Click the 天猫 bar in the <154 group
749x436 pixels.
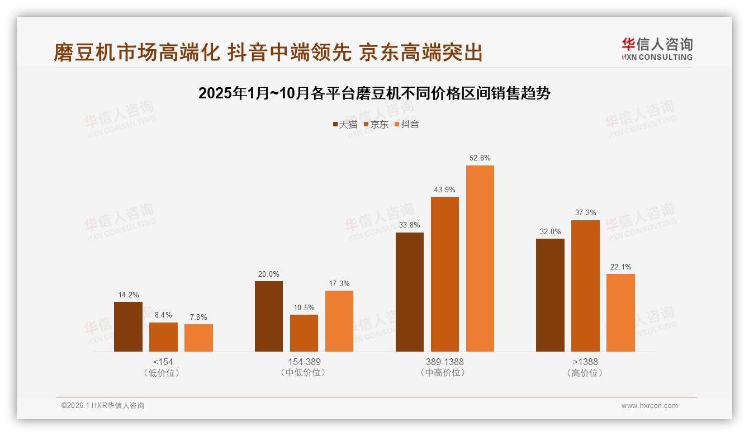point(128,326)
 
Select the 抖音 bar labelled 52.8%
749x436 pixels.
point(480,258)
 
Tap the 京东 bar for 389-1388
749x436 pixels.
point(445,274)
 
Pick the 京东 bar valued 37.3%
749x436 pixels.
point(585,286)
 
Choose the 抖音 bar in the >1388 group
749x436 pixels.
point(620,312)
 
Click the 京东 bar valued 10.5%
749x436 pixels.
point(304,333)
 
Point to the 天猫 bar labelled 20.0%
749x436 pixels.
point(269,316)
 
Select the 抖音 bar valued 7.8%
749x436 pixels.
point(198,338)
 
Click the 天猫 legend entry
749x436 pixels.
point(345,124)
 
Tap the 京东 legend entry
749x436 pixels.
point(376,124)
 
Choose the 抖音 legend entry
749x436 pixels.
point(407,124)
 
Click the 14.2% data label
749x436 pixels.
point(128,295)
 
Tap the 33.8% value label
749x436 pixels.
point(410,225)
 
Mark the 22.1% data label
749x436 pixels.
point(620,267)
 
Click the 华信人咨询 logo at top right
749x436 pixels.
point(657,49)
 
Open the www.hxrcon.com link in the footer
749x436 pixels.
point(650,406)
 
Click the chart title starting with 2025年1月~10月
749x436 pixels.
point(374,93)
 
